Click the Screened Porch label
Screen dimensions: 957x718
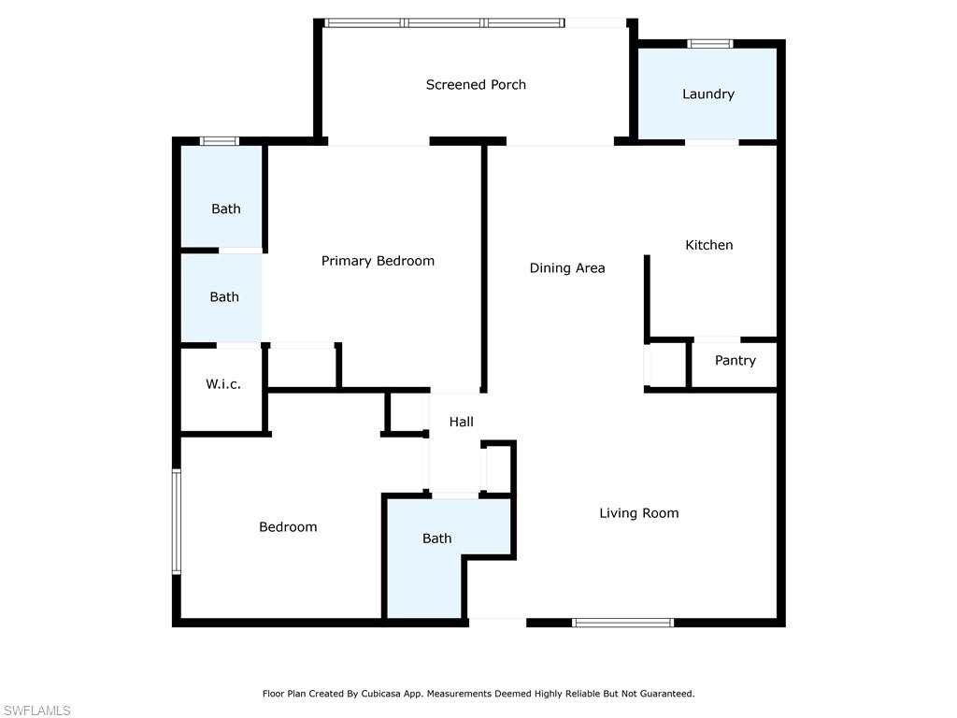[476, 85]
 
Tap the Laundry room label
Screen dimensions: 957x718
[708, 94]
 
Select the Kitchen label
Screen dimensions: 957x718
[708, 245]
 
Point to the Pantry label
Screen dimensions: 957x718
[735, 360]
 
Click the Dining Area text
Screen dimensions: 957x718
[567, 268]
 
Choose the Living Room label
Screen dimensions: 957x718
[638, 513]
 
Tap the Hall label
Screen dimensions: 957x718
[461, 422]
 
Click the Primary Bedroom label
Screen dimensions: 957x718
[378, 262]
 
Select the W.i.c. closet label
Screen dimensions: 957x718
[222, 384]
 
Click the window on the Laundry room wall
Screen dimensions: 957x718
[710, 43]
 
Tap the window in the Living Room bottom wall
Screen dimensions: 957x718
[623, 623]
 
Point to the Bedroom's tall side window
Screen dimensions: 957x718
[177, 522]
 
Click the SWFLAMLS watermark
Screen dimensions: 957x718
[36, 711]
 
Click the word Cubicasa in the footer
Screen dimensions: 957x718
[381, 694]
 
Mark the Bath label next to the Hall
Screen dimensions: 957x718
[437, 538]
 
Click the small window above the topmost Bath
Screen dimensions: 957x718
[220, 142]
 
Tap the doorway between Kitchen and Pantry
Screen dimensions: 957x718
[717, 339]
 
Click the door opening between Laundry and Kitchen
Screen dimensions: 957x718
[711, 142]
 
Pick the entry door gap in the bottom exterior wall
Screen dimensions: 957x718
[497, 623]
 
